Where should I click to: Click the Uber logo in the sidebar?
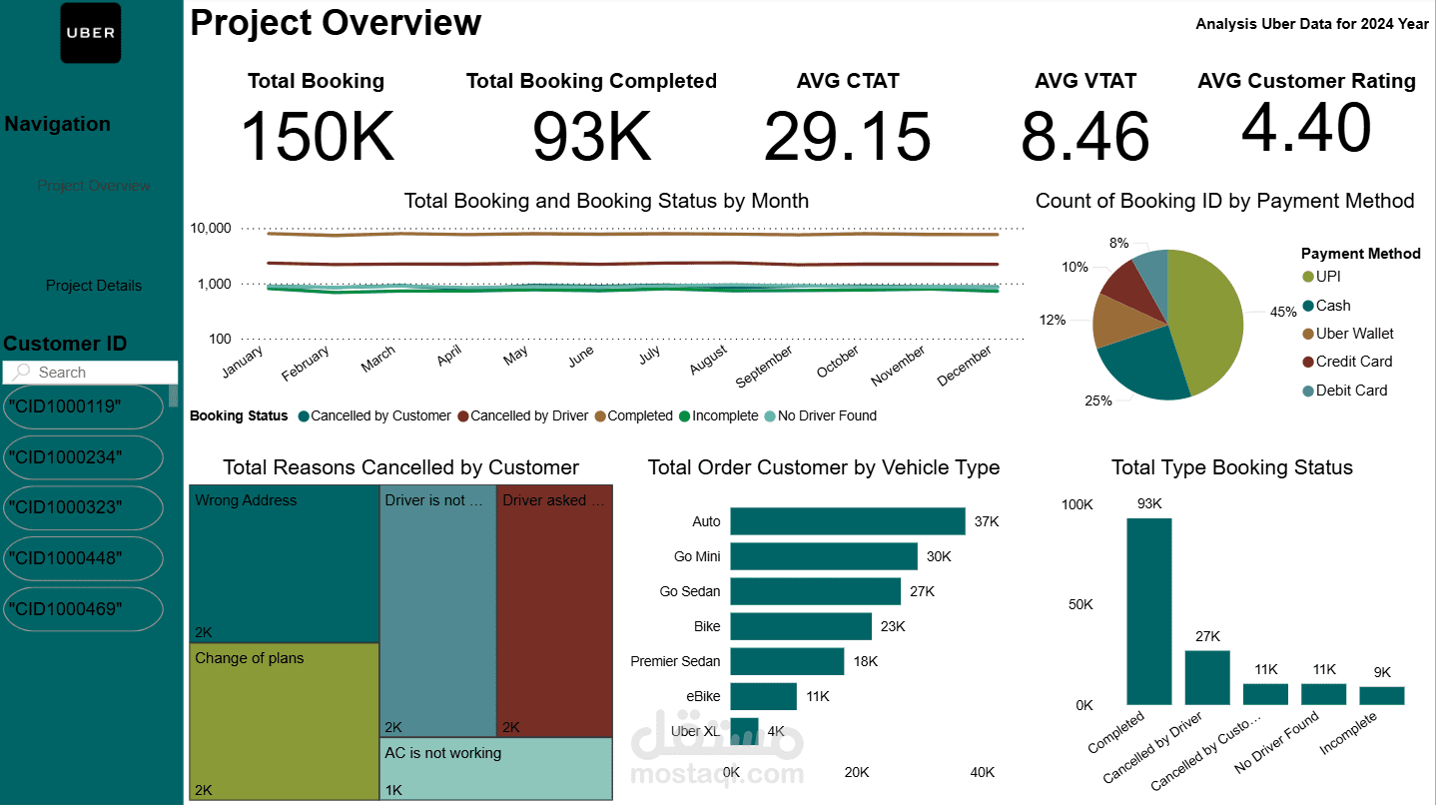coord(91,33)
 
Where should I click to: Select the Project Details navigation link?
coord(94,286)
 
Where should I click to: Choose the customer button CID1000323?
coord(83,507)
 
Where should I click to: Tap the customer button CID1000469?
coord(83,608)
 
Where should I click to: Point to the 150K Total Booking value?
coord(318,136)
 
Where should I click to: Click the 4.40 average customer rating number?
coord(1306,128)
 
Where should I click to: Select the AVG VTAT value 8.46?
coord(1084,137)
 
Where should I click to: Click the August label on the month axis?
coord(708,361)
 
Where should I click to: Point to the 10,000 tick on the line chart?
coord(211,229)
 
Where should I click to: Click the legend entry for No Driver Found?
coord(820,415)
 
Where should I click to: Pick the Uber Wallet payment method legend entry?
coord(1354,334)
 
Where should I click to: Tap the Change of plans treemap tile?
coord(284,719)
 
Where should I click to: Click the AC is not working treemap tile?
coord(496,769)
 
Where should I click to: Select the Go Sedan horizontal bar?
coord(815,591)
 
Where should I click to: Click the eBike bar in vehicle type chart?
coord(763,696)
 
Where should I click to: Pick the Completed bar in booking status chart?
coord(1149,611)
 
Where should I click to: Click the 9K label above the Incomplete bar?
coord(1381,672)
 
